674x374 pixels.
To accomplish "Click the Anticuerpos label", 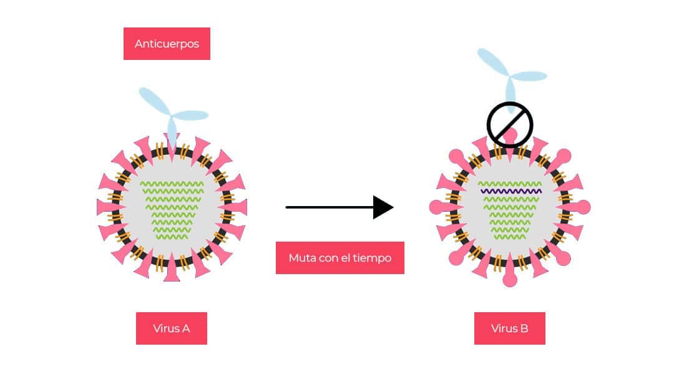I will [167, 44].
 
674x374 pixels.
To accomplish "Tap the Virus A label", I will [171, 328].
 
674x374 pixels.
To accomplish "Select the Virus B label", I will [509, 328].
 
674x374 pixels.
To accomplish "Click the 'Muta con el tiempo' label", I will [339, 258].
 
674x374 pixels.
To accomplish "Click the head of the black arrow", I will [383, 207].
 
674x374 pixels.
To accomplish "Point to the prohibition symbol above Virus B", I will [509, 124].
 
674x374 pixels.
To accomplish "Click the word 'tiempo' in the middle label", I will [373, 258].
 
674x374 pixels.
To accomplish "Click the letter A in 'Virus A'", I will [186, 328].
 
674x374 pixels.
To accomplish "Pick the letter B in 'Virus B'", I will [524, 328].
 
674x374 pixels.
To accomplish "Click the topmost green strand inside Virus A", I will [172, 184].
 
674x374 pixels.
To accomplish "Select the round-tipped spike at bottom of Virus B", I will [510, 278].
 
